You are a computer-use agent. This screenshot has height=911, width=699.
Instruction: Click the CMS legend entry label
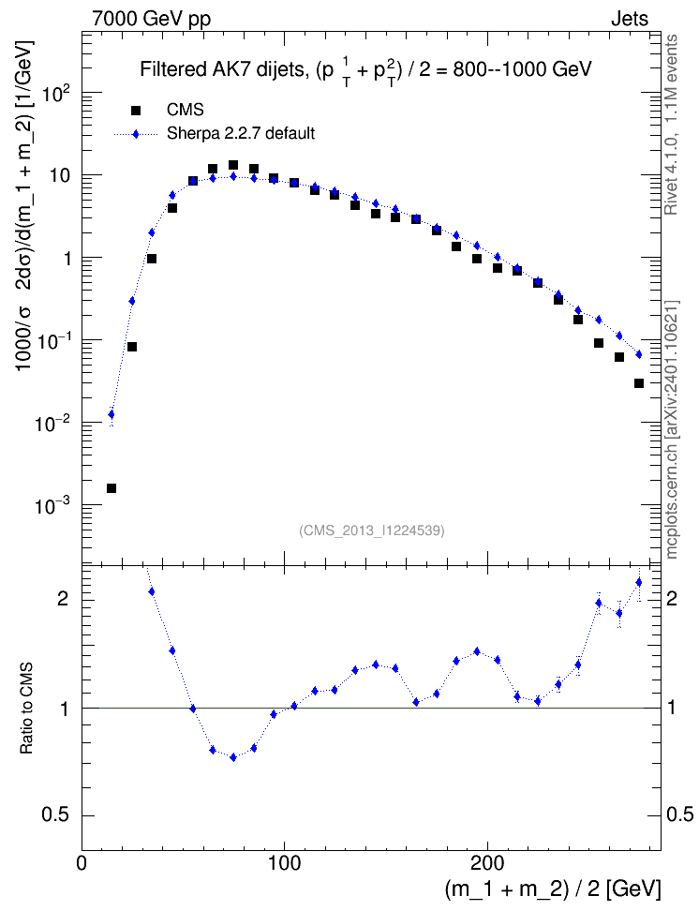(x=185, y=110)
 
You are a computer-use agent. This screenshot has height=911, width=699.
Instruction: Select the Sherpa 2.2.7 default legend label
(x=241, y=134)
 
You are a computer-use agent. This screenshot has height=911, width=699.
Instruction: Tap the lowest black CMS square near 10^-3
(x=111, y=488)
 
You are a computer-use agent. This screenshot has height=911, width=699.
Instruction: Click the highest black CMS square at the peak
(x=233, y=165)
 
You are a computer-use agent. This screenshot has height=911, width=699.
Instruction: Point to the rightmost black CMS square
(x=639, y=383)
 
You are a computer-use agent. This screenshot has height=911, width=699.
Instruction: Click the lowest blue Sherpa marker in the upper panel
(x=111, y=414)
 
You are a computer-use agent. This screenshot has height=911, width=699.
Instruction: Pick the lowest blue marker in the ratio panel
(x=233, y=757)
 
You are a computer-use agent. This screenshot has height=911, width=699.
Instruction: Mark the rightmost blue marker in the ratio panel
(x=639, y=582)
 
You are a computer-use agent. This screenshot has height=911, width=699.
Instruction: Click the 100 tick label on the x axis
(x=284, y=863)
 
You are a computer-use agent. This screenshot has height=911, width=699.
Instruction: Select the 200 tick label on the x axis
(x=486, y=863)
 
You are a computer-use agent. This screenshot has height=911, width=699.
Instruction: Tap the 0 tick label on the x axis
(x=82, y=863)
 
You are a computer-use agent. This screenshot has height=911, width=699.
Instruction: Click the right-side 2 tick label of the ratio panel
(x=672, y=598)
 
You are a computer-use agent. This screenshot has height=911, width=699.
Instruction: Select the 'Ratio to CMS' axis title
(x=26, y=709)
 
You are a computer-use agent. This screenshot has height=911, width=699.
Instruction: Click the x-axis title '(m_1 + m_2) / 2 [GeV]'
(x=553, y=889)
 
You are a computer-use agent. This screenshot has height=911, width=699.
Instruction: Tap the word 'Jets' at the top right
(x=630, y=19)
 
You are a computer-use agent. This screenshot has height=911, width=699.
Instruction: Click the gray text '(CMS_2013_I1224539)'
(x=372, y=530)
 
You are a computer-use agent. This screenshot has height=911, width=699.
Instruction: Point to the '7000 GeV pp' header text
(x=151, y=19)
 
